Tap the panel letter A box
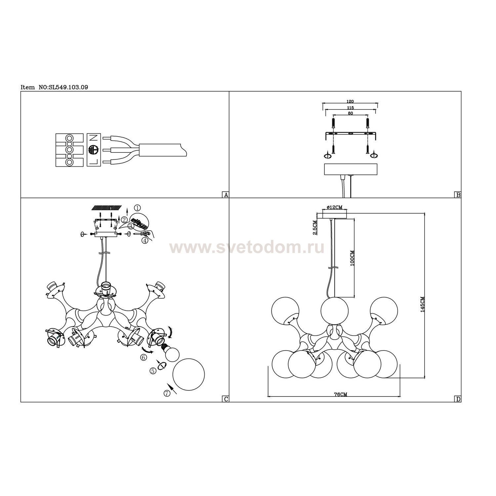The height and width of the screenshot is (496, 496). (226, 195)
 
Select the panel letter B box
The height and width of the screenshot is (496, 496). (458, 195)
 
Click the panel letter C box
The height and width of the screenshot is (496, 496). (226, 399)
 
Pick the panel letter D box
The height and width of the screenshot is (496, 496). (458, 399)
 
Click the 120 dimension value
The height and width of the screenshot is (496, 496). (351, 102)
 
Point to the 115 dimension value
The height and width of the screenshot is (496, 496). (351, 108)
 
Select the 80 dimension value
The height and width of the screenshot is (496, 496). (351, 113)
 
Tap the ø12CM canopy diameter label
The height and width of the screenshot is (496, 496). (334, 207)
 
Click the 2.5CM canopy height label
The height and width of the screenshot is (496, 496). (315, 228)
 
